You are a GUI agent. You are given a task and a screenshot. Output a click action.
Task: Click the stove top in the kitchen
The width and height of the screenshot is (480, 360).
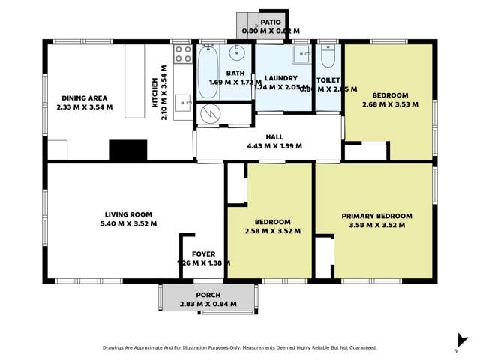(183, 53)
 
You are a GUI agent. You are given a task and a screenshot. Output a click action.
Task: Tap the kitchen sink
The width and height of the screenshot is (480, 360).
(183, 103)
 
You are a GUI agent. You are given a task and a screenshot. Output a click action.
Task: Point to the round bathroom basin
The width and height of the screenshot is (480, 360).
(237, 52)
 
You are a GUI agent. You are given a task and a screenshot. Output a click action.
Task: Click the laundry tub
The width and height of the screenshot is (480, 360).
(301, 54)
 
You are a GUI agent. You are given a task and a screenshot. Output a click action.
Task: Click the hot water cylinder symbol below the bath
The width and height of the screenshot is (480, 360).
(208, 114)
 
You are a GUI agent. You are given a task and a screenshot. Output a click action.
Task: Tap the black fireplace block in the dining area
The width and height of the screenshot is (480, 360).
(127, 151)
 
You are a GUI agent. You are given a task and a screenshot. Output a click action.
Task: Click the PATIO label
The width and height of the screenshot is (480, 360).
(270, 22)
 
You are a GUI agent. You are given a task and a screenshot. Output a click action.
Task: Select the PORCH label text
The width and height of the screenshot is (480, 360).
(208, 295)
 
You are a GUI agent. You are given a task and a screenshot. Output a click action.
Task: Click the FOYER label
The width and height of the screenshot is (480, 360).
(203, 254)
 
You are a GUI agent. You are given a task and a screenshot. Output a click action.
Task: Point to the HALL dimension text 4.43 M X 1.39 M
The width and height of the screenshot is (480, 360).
(274, 146)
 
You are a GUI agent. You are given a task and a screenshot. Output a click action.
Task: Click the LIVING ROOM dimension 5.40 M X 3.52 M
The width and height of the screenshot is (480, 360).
(128, 223)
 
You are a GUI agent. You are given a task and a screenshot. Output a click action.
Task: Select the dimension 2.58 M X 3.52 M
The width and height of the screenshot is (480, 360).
(272, 232)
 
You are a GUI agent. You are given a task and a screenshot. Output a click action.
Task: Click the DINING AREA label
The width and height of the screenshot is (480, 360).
(84, 98)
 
